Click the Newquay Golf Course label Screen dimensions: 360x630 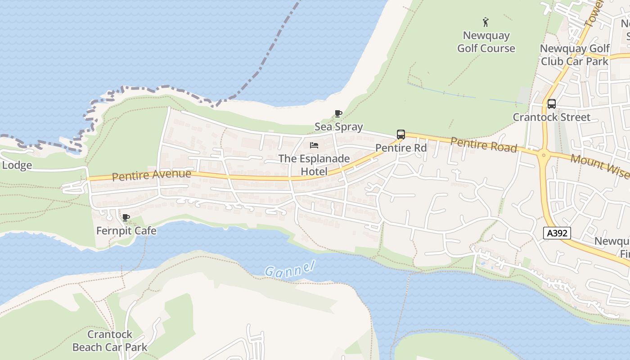[486, 42]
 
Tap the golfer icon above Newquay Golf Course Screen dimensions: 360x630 [486, 22]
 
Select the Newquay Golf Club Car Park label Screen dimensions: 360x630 [575, 55]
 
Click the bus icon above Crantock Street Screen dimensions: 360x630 [551, 104]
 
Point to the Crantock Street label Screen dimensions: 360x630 [552, 117]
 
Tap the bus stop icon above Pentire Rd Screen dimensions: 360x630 [400, 134]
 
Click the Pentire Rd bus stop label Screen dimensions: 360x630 [401, 148]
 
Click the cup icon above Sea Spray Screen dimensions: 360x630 [338, 113]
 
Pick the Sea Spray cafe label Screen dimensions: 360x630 [338, 127]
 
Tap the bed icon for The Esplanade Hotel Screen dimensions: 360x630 [314, 145]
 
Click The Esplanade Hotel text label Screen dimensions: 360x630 [314, 165]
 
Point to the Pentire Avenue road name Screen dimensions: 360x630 [151, 175]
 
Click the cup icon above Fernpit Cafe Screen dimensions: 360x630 [126, 218]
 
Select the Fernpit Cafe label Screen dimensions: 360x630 [126, 231]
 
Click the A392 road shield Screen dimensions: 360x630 [557, 233]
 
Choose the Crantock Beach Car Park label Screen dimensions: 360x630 [110, 341]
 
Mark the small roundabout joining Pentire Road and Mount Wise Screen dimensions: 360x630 [544, 156]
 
